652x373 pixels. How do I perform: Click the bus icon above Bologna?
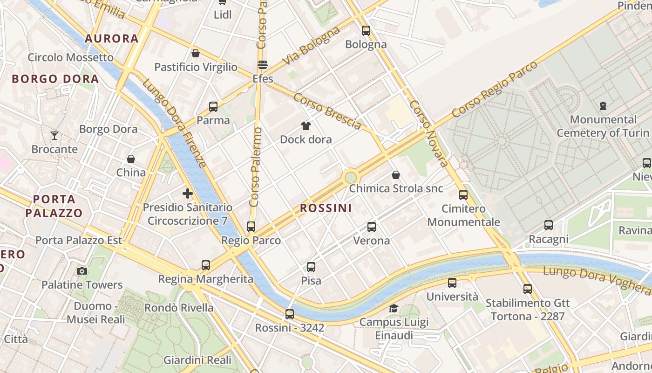tap(366, 31)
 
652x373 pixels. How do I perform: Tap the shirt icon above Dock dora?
tap(306, 125)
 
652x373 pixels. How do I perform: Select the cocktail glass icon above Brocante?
tap(54, 136)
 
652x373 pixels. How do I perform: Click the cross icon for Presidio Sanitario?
tap(188, 193)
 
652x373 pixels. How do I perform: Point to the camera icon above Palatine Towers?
tap(82, 271)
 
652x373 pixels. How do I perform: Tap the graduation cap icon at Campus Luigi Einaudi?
tap(394, 308)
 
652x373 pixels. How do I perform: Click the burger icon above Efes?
tap(263, 65)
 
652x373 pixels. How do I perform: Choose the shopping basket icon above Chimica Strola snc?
tap(396, 175)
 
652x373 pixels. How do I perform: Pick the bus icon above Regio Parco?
tap(251, 227)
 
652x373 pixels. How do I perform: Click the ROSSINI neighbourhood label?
tap(326, 208)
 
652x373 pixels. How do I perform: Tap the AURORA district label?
tap(112, 39)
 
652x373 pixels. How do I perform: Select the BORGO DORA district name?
tap(55, 79)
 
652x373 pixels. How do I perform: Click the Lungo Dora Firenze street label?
tap(174, 124)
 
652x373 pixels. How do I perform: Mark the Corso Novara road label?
tap(429, 133)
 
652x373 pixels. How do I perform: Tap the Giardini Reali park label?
tap(197, 360)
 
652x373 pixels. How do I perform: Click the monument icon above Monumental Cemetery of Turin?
tap(604, 106)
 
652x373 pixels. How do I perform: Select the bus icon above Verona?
tap(372, 227)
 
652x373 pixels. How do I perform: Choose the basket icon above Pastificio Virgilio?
tap(196, 53)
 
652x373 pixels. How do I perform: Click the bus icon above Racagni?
tap(549, 225)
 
